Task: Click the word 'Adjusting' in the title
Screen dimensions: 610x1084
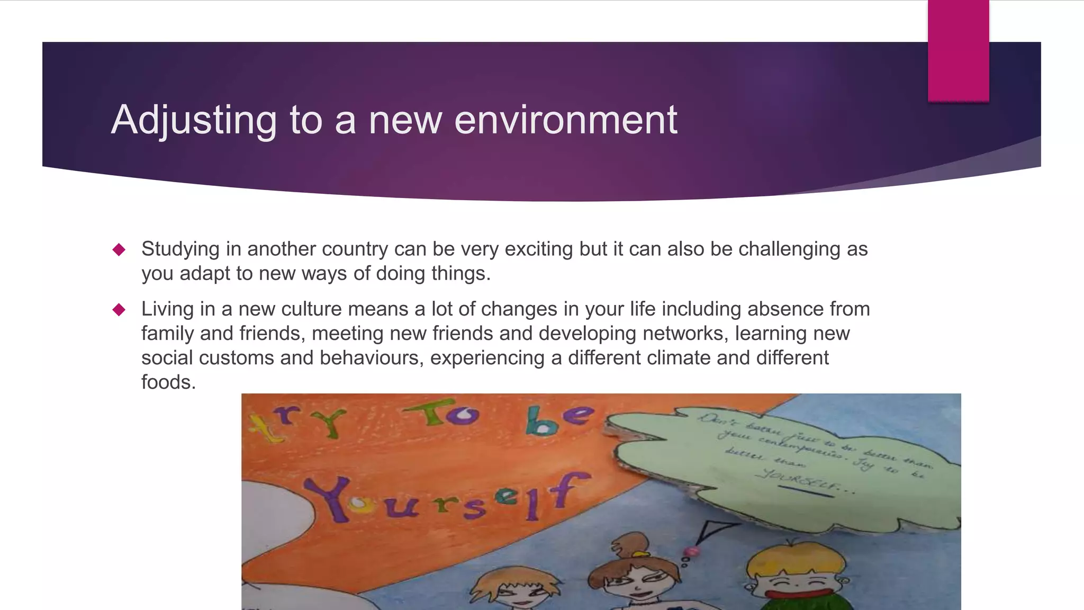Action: tap(194, 120)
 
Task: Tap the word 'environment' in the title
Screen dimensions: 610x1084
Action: tap(565, 120)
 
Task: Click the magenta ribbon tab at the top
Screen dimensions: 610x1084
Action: tap(958, 50)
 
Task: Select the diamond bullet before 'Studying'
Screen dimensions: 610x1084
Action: tap(119, 249)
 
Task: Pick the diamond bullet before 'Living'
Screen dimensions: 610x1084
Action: tap(119, 309)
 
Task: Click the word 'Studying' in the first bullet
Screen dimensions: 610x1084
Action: tap(180, 249)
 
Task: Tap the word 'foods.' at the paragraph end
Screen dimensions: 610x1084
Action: tap(168, 382)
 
